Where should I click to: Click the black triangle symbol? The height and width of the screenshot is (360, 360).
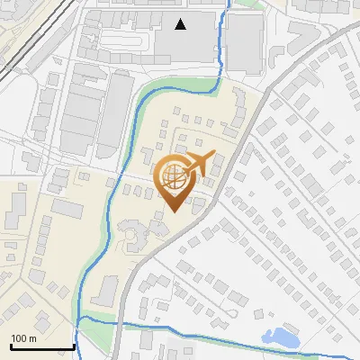181,24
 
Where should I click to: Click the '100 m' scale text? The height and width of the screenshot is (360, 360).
23,338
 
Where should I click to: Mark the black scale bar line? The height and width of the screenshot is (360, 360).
41,346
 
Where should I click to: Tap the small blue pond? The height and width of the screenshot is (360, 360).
281,337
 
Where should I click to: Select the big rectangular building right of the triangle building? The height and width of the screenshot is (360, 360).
244,42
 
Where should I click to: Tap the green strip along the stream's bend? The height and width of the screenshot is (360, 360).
171,85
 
